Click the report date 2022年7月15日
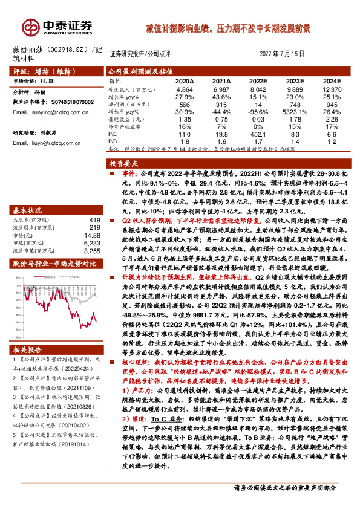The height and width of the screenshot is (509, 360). [x=283, y=53]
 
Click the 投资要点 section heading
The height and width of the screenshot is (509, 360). [x=123, y=163]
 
